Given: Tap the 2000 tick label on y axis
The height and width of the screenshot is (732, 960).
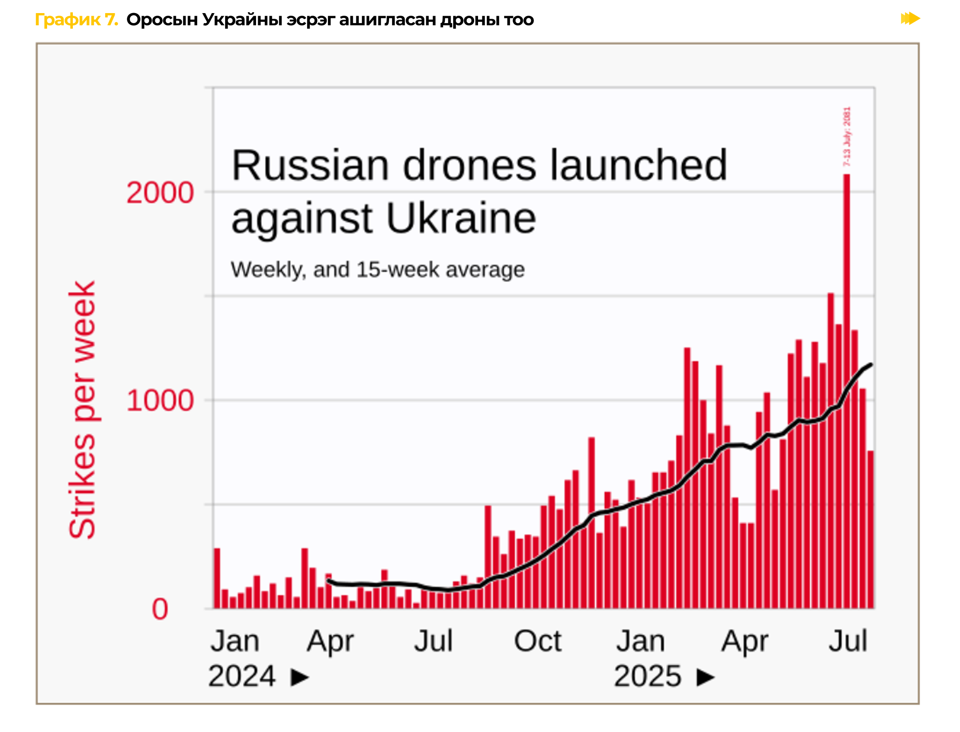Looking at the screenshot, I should (x=160, y=192).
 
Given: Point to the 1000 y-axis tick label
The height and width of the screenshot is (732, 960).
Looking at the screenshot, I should (x=160, y=400).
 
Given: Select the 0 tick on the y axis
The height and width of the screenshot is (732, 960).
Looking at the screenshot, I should (x=160, y=609).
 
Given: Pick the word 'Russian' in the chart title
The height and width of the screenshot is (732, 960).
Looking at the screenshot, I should (x=310, y=166).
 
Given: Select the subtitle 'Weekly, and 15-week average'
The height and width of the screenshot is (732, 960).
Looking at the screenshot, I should (x=377, y=270).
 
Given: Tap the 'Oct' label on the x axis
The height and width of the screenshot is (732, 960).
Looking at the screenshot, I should (x=537, y=641).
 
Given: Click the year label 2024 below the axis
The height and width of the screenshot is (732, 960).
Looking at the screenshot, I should (x=242, y=676).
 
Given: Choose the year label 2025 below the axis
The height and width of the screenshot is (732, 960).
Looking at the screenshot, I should (x=647, y=676).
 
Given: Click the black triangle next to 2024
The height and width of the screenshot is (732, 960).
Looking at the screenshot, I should (x=300, y=677).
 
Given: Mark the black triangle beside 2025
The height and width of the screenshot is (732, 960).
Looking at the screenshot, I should (x=705, y=677).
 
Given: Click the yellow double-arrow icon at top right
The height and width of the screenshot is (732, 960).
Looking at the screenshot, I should (x=910, y=19).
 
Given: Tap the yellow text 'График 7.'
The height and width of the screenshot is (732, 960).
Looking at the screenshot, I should (x=76, y=20).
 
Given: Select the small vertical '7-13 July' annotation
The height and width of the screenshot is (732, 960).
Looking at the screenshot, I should (x=847, y=136).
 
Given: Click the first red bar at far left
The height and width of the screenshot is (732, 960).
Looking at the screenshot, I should (x=217, y=578).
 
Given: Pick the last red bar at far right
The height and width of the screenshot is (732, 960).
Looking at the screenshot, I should (x=871, y=530).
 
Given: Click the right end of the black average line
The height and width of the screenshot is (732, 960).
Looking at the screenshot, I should (x=871, y=365).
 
